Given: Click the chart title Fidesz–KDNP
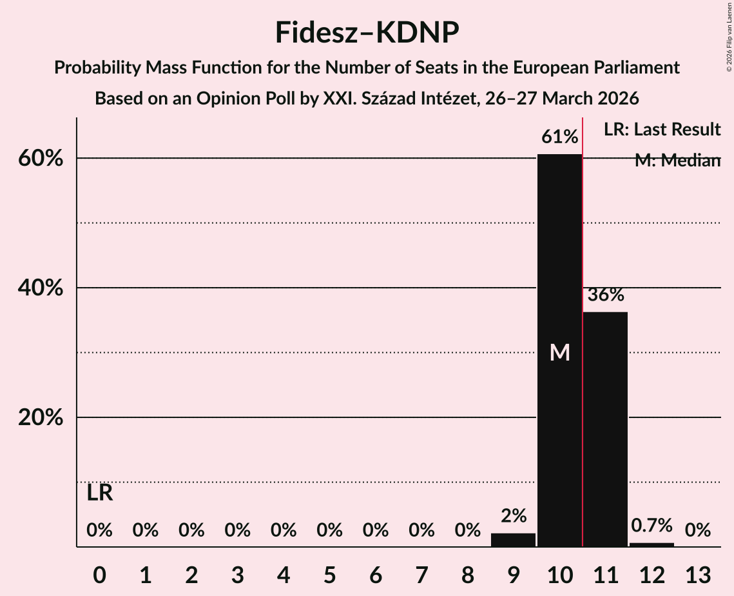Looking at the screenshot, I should [367, 32].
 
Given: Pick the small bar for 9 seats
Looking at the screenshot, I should [513, 540].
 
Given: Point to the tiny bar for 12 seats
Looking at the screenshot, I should [652, 544].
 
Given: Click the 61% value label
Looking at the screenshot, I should [559, 137].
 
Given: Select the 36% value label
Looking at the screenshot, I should [606, 295].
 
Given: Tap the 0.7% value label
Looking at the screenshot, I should [652, 526].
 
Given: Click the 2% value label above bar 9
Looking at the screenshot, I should [514, 516].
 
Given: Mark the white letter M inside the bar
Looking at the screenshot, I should [559, 352].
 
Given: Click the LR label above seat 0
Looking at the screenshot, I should [100, 493].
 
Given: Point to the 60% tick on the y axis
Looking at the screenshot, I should [41, 159].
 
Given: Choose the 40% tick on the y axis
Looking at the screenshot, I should [41, 288].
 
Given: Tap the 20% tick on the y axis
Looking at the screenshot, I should [41, 418].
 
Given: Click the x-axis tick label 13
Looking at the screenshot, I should [697, 574].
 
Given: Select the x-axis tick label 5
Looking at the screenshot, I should [329, 574].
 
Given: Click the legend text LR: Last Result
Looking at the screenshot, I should [662, 130].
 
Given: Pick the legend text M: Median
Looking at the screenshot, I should [677, 161].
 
